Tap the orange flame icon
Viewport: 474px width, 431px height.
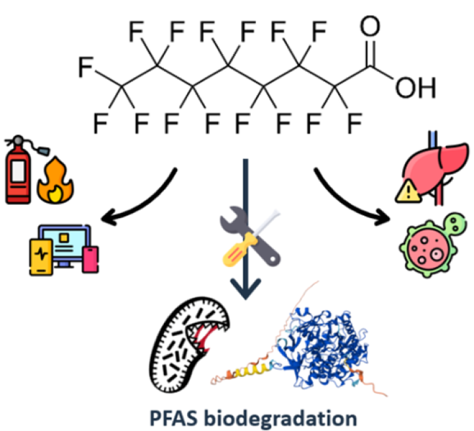[x=55, y=181]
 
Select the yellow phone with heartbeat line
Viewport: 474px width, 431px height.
[x=41, y=256]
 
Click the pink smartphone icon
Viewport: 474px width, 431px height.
[x=90, y=260]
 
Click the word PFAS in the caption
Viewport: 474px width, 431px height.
[x=174, y=418]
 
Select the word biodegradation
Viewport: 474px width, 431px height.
[x=280, y=419]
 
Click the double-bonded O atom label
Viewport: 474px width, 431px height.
[x=370, y=26]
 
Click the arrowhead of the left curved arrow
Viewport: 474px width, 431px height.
[x=108, y=217]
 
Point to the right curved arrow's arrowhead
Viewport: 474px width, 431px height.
[x=382, y=217]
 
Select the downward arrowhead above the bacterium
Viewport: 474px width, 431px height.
[x=246, y=289]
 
